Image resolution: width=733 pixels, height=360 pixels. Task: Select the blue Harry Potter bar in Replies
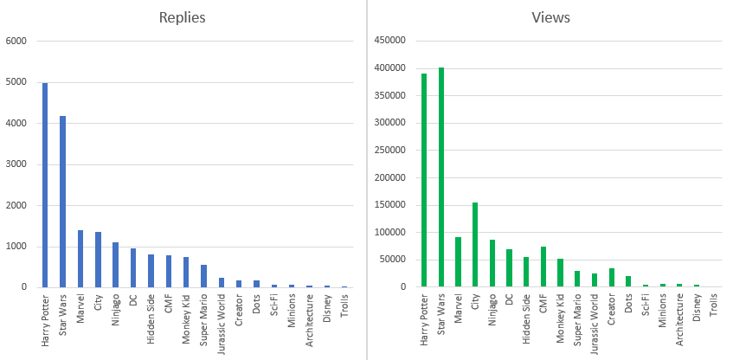[x=45, y=185]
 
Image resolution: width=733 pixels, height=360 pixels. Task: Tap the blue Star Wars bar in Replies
[x=62, y=202]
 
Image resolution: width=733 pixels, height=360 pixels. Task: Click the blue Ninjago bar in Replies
[x=115, y=265]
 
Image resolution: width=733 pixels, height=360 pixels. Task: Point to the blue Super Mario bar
[x=203, y=276]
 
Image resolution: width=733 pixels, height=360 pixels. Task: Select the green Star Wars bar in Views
[x=441, y=177]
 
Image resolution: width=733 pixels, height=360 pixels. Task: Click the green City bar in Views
[x=475, y=245]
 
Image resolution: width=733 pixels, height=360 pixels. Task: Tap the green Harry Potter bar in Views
[x=424, y=180]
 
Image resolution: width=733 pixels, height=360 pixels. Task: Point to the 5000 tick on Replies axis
[x=17, y=82]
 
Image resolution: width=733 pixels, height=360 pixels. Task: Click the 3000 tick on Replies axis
[x=17, y=164]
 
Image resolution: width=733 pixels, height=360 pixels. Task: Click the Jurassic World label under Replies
[x=222, y=321]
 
